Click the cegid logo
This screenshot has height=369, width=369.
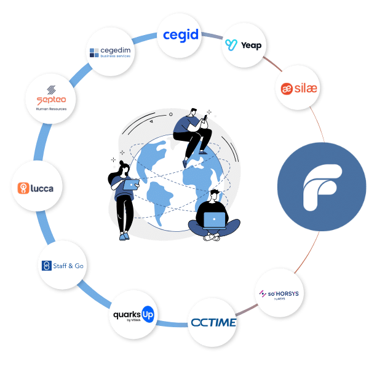click(180, 34)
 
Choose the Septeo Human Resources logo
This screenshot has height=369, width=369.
click(51, 98)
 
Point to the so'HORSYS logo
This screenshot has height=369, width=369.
click(279, 293)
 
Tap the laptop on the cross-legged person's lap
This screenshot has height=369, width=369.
click(213, 220)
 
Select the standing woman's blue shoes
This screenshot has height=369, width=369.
click(124, 236)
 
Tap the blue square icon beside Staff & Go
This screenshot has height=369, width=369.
click(46, 266)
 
